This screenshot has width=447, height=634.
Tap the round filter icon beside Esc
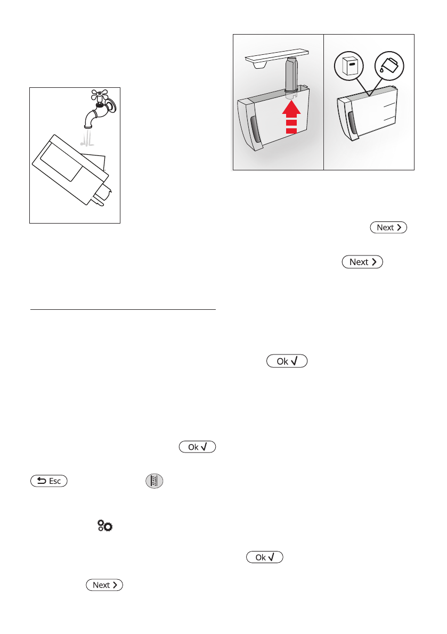pyautogui.click(x=155, y=481)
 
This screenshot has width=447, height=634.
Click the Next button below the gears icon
pyautogui.click(x=104, y=584)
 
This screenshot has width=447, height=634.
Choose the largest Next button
pyautogui.click(x=362, y=262)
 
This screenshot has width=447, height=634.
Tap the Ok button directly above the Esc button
pyautogui.click(x=198, y=447)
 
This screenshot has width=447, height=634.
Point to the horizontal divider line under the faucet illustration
pyautogui.click(x=123, y=309)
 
